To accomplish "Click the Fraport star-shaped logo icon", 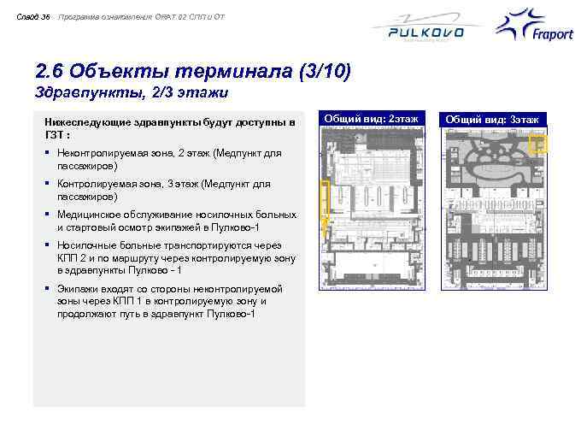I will [x=520, y=23].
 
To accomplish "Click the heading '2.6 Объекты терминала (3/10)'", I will [x=193, y=71].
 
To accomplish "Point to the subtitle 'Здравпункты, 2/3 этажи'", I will [x=132, y=91].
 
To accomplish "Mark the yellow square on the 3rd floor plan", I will [x=537, y=144].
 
